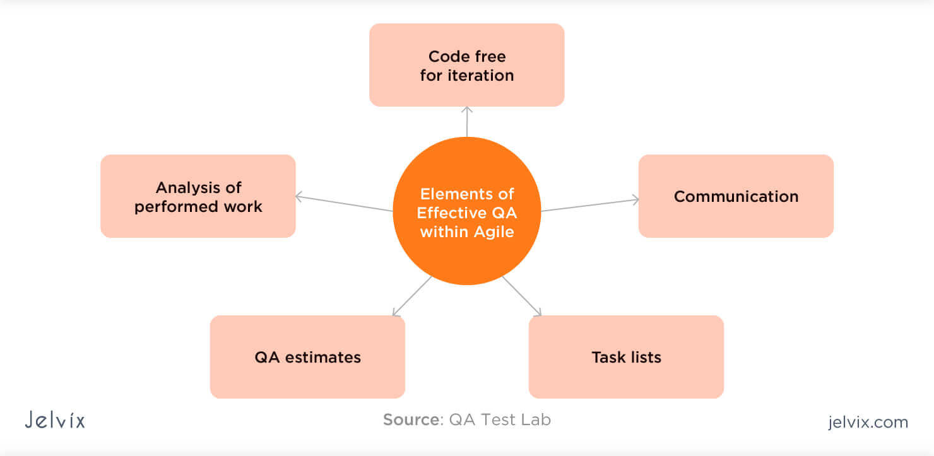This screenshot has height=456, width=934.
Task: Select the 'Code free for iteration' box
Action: (x=466, y=65)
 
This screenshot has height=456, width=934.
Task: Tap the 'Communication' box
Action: (x=736, y=196)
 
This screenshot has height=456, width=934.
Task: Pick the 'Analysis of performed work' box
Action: (x=198, y=196)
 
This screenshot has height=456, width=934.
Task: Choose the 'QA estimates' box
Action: (x=307, y=357)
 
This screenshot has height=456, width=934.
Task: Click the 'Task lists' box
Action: (x=626, y=357)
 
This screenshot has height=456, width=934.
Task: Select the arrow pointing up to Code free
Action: (x=467, y=121)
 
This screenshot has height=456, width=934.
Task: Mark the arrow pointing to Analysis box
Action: (x=344, y=203)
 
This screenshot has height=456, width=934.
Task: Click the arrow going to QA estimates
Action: (x=411, y=296)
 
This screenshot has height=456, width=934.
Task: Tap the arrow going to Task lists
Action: (x=522, y=296)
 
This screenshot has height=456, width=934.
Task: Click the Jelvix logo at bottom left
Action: (x=55, y=420)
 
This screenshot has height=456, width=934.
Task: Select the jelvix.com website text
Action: (x=868, y=422)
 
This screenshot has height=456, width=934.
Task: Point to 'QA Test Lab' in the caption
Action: (x=500, y=419)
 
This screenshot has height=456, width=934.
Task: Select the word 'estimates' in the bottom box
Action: (x=323, y=357)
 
